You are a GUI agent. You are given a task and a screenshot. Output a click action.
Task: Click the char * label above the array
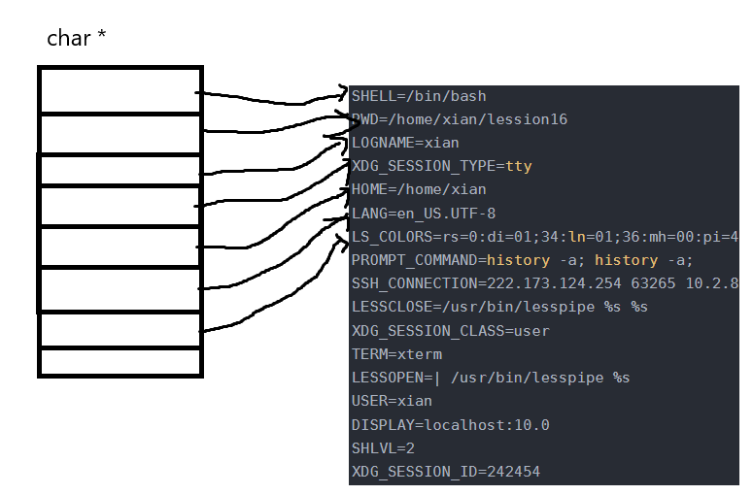click(77, 40)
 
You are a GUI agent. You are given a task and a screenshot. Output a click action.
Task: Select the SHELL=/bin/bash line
click(419, 96)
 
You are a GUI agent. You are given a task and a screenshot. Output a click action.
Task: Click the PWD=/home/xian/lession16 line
click(459, 119)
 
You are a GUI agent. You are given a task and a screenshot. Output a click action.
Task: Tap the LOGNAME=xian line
click(405, 143)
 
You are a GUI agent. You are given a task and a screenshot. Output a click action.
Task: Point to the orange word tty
click(519, 166)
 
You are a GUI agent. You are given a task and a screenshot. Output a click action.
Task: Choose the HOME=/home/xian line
click(419, 189)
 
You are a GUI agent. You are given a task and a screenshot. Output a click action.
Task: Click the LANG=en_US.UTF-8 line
click(424, 214)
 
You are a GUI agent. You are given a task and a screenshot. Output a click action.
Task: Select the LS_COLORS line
click(544, 237)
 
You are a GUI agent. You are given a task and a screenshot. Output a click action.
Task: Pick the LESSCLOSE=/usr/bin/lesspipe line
click(499, 307)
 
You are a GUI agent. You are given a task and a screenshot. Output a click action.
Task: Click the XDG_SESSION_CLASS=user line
click(450, 331)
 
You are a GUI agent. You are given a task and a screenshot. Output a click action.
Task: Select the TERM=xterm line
click(396, 354)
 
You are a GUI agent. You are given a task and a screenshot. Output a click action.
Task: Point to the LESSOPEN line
click(491, 378)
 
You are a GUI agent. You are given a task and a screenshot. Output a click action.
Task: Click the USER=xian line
click(392, 401)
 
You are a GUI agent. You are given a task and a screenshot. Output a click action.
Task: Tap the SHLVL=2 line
click(383, 448)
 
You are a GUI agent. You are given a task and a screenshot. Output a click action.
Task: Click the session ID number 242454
click(513, 472)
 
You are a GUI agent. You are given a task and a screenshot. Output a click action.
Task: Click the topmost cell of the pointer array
click(120, 90)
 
